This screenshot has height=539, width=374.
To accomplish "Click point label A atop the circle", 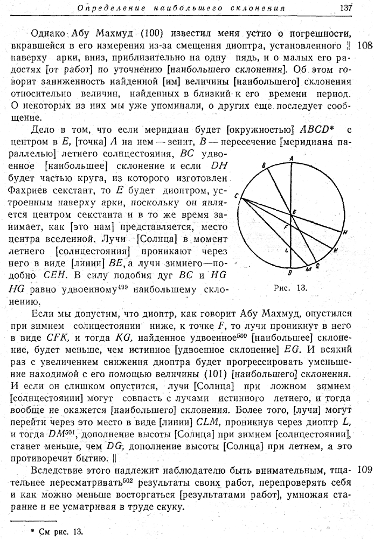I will click(291, 158).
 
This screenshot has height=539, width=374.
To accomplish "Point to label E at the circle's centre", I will click(294, 212).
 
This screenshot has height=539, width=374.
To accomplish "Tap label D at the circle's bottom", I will click(290, 272).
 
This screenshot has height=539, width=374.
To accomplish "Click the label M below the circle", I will click(308, 269).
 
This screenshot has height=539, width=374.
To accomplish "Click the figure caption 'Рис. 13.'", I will click(291, 288).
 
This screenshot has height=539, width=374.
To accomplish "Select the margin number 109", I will click(365, 469).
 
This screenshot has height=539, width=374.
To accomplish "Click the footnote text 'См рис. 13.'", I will click(61, 531).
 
